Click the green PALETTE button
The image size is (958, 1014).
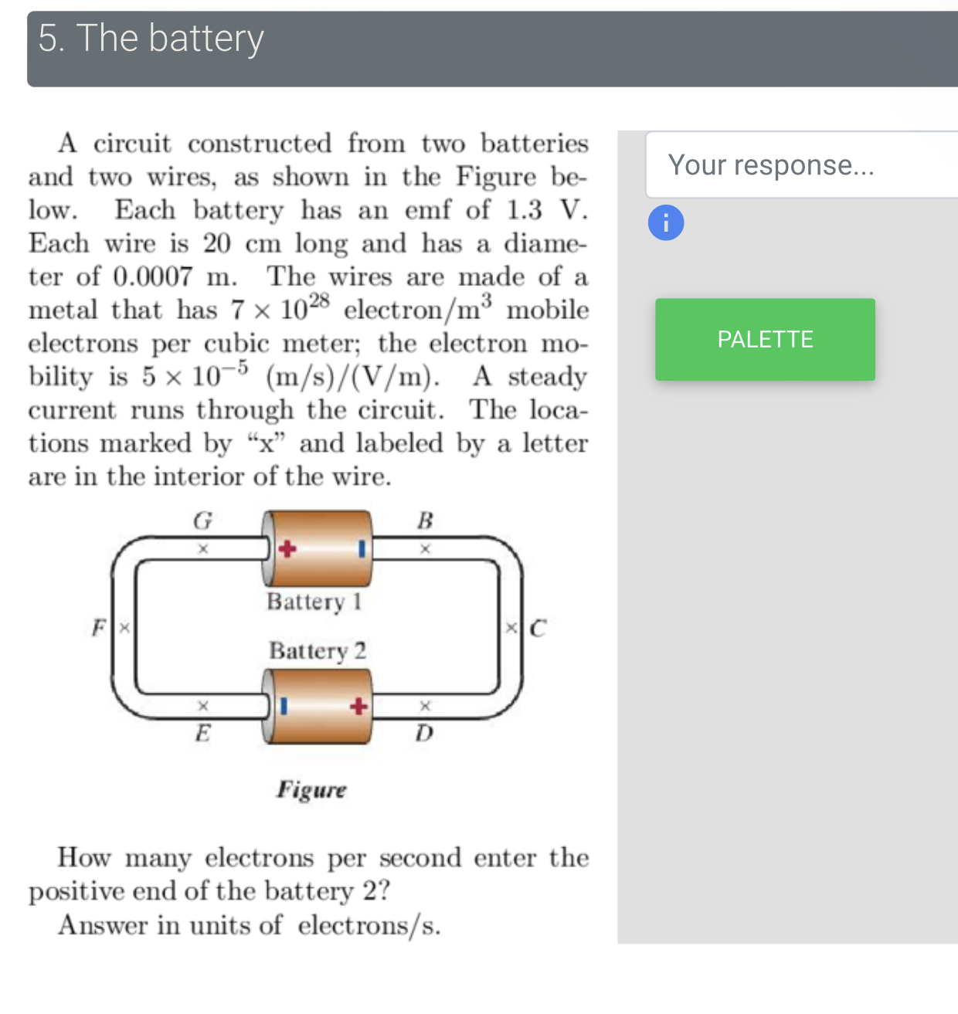click(765, 340)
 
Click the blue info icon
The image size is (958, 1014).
click(666, 222)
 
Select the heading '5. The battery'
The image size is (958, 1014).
click(151, 39)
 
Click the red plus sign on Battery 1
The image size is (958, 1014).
click(287, 549)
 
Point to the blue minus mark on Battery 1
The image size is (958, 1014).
click(361, 549)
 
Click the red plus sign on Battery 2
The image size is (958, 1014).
click(358, 707)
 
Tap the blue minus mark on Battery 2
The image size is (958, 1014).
click(284, 707)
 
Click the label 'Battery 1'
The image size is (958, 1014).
click(314, 602)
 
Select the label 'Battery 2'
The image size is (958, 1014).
click(317, 651)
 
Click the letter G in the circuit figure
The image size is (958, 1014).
click(202, 521)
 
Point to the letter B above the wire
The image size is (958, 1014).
click(425, 521)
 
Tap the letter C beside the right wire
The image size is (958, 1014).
click(538, 629)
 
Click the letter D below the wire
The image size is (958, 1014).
click(424, 732)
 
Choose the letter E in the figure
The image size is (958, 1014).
click(202, 732)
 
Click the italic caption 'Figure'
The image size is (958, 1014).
click(311, 789)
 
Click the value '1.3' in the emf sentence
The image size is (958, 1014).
click(525, 210)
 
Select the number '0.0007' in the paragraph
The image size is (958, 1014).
click(153, 276)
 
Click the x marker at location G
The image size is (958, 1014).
click(203, 549)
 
